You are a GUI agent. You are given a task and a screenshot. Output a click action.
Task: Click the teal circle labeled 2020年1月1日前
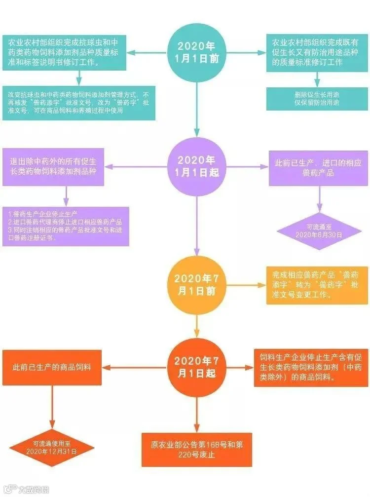tap(197, 51)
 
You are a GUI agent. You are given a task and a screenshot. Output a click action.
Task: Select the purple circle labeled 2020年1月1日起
tap(197, 166)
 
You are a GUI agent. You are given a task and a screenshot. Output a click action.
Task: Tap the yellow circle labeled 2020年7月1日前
tap(197, 285)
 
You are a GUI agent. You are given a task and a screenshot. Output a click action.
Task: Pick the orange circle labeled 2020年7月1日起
tap(197, 367)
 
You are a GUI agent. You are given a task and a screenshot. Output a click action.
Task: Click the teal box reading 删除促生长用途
tap(317, 98)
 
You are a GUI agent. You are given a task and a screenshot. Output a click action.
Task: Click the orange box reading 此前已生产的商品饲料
tap(52, 368)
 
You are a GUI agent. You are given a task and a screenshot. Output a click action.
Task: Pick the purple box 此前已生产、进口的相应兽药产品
tap(318, 168)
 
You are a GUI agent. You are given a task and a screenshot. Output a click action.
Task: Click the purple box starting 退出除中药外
tap(54, 166)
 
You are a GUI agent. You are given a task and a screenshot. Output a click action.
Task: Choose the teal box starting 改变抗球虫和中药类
tap(78, 103)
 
